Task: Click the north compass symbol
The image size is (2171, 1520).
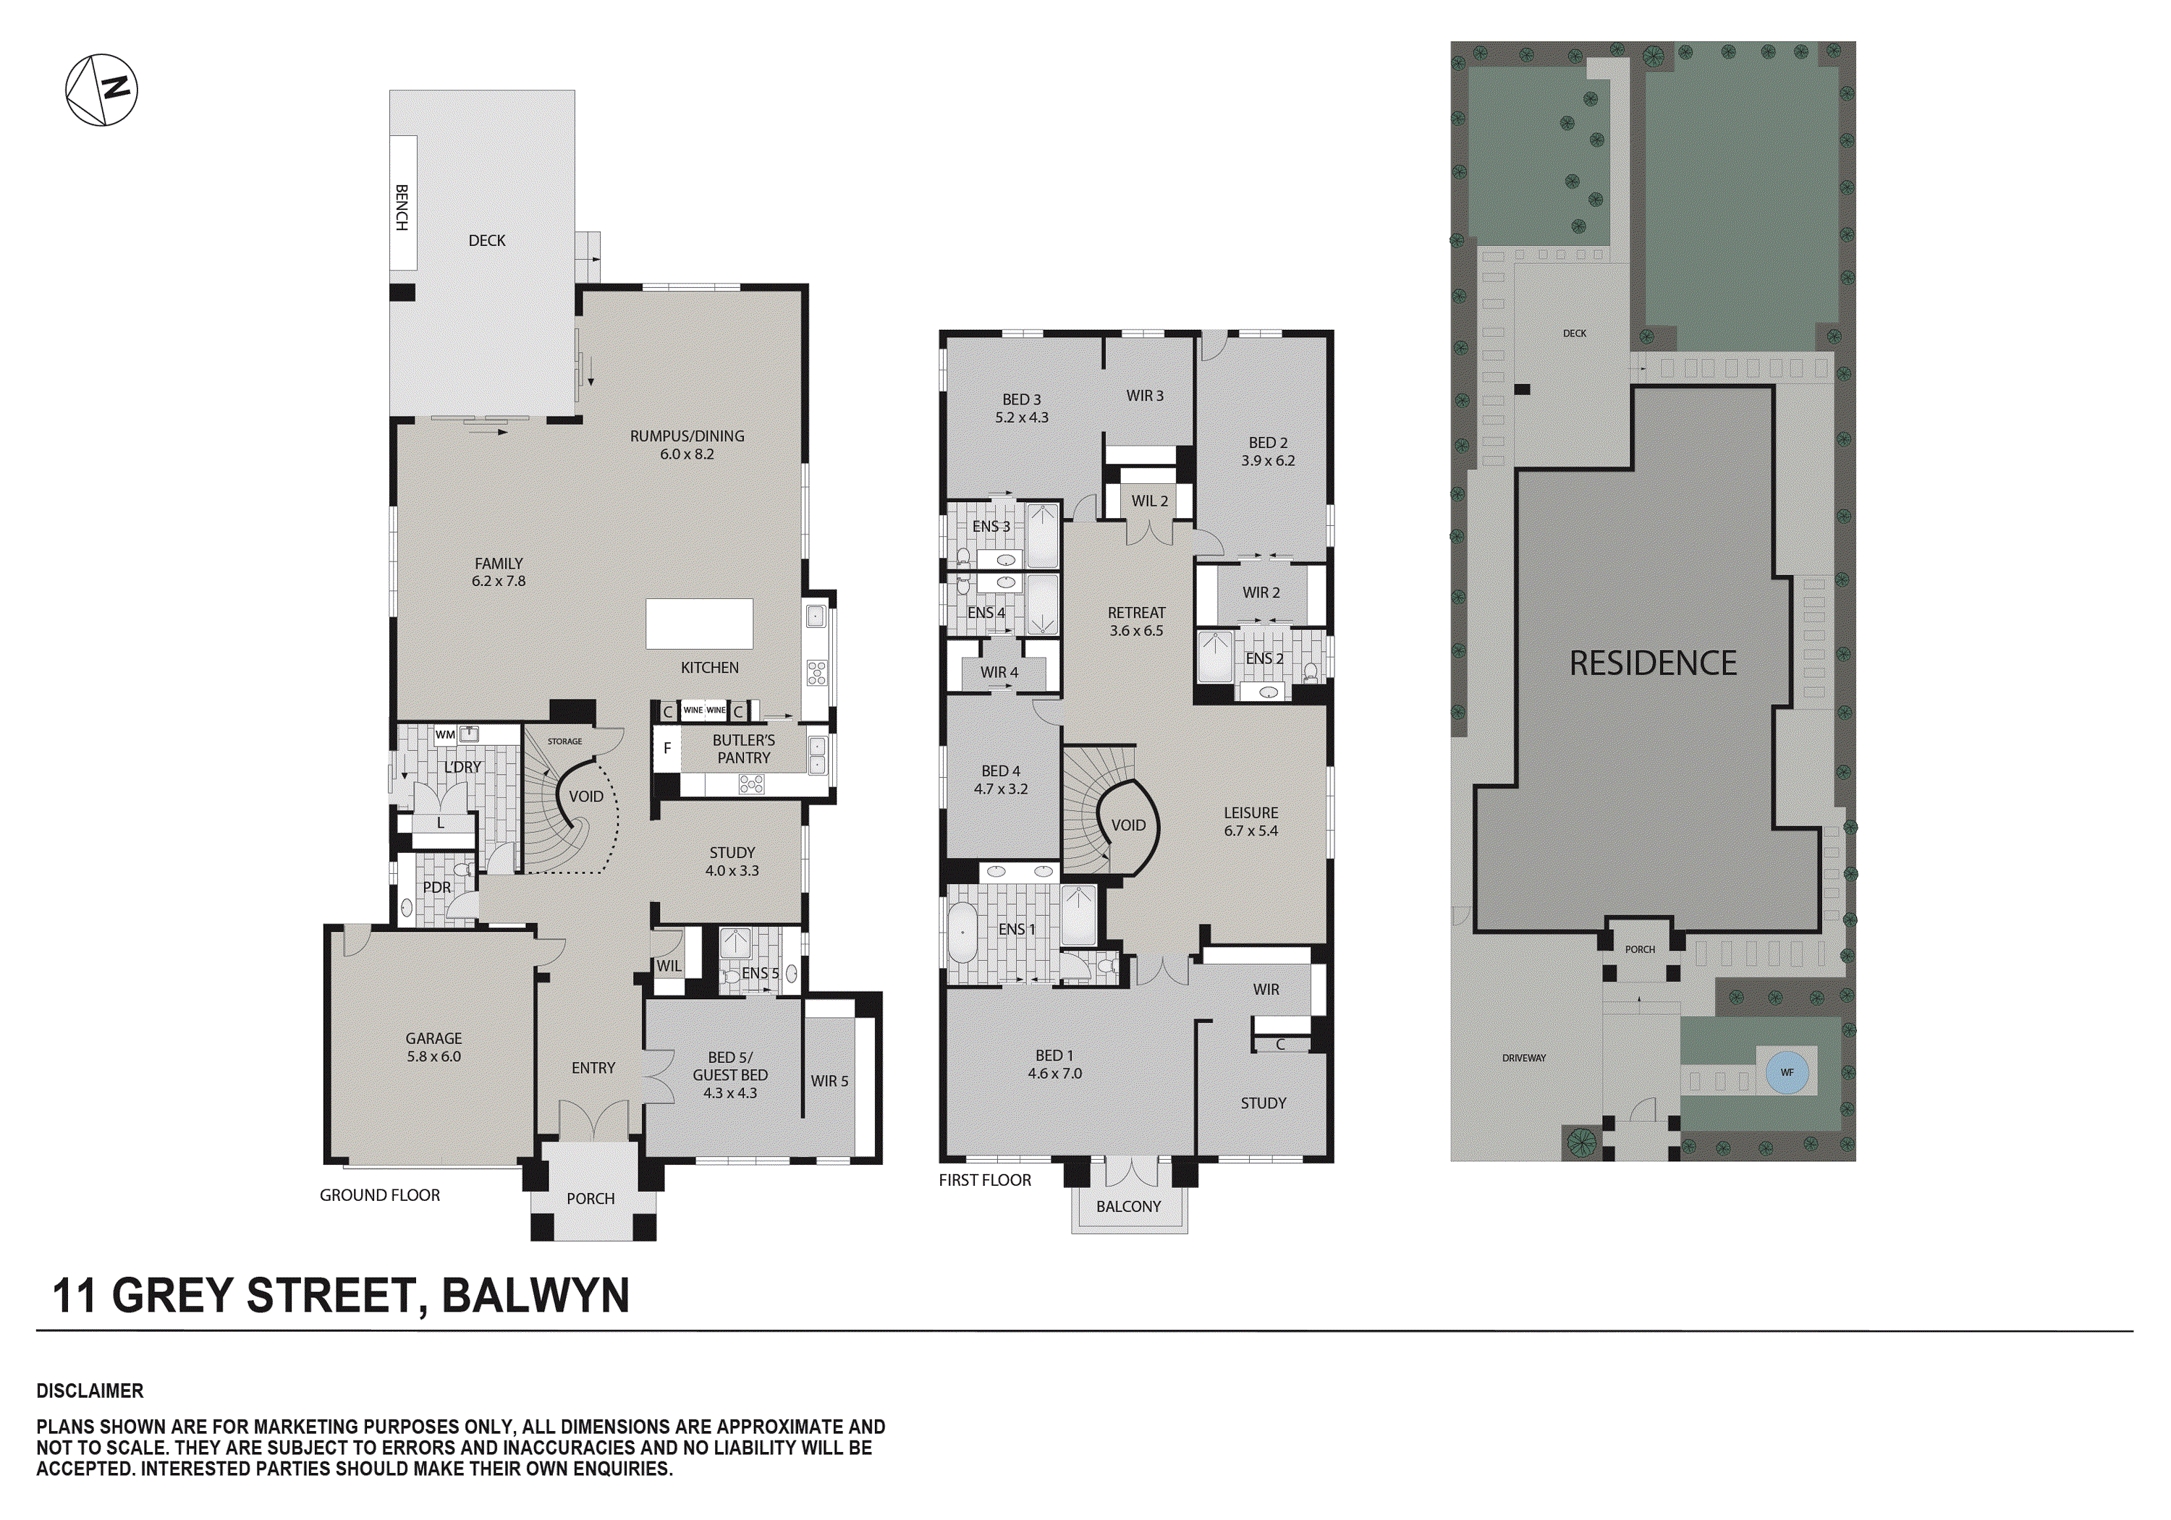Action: tap(101, 90)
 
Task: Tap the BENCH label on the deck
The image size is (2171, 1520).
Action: tap(402, 208)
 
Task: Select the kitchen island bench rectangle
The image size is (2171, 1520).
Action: tap(699, 623)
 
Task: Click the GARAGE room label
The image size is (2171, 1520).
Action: tap(434, 1038)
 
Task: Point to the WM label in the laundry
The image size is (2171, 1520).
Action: tap(445, 734)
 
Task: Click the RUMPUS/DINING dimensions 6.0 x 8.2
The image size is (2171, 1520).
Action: tap(687, 454)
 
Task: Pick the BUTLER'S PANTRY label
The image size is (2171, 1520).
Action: tap(743, 749)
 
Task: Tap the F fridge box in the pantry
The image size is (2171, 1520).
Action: tap(666, 749)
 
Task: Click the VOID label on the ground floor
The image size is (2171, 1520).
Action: tap(585, 796)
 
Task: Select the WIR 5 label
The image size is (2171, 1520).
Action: tap(829, 1080)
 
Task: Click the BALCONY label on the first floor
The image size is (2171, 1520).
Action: tap(1128, 1206)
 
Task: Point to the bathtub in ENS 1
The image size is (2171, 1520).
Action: tap(962, 932)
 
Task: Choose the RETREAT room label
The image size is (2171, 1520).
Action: tap(1137, 613)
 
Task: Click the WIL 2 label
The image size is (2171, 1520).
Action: tap(1150, 501)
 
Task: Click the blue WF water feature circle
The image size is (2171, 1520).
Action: tap(1786, 1072)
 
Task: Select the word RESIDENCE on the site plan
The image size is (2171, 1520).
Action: tap(1653, 663)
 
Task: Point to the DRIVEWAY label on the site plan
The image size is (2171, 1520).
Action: tap(1523, 1058)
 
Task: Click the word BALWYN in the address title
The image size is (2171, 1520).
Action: tap(536, 1295)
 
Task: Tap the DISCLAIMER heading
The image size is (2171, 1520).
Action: tap(90, 1390)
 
